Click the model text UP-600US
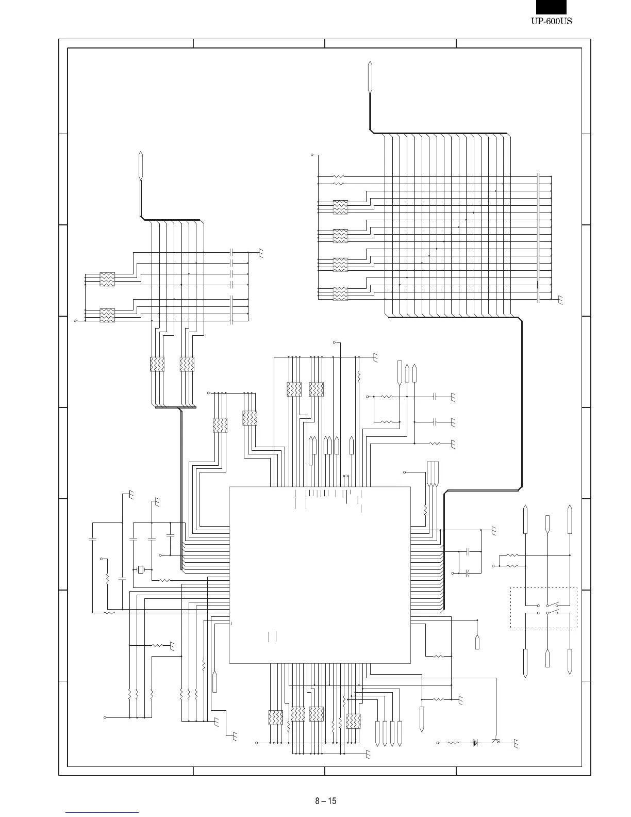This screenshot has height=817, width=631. (551, 21)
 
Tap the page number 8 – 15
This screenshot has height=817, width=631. (325, 801)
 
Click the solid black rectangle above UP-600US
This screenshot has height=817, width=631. (551, 7)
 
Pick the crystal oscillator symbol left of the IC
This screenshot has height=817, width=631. (141, 570)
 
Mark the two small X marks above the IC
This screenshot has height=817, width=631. (346, 476)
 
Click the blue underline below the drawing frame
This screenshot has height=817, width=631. (102, 812)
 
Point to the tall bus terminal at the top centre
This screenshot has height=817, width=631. (370, 77)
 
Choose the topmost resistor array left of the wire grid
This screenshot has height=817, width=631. (340, 207)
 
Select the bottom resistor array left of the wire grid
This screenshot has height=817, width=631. (340, 293)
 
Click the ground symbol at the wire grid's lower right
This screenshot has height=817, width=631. (560, 300)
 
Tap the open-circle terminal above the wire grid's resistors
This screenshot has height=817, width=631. (312, 155)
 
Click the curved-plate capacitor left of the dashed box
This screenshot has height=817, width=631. (468, 574)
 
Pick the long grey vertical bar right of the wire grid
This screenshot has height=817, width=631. (538, 238)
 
